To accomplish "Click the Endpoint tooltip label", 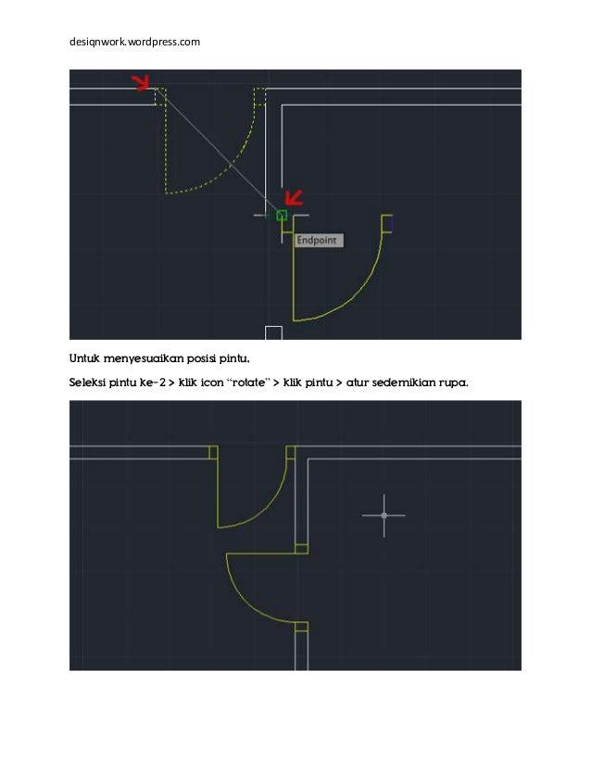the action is click(x=319, y=240).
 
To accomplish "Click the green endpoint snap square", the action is click(x=282, y=215).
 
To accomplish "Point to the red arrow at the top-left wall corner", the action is click(x=141, y=83).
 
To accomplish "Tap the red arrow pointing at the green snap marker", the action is click(x=295, y=197).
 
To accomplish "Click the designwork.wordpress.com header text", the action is click(x=135, y=42).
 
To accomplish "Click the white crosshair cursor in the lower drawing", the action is click(x=384, y=515).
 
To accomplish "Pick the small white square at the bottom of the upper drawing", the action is click(x=273, y=332).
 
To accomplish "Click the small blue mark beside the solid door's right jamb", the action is click(x=392, y=223).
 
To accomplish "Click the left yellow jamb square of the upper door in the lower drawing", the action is click(x=213, y=452).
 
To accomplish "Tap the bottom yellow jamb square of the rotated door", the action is click(x=300, y=627).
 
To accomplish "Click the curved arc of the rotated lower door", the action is click(x=245, y=602).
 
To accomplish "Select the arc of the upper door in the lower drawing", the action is click(x=269, y=506).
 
